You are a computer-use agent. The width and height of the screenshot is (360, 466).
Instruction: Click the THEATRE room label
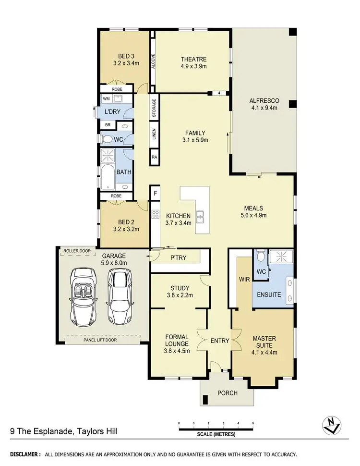[194, 59]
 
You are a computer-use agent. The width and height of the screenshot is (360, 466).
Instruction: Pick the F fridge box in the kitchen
[155, 194]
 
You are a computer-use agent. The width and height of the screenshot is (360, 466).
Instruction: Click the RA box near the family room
[155, 157]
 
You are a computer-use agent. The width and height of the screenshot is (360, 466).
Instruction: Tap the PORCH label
[228, 393]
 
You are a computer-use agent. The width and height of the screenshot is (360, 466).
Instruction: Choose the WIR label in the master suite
[242, 279]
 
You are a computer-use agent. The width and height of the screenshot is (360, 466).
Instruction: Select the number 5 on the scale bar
[253, 423]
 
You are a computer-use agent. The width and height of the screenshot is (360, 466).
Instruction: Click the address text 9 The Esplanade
[41, 431]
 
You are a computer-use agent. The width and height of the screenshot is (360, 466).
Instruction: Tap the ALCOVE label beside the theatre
[153, 61]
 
